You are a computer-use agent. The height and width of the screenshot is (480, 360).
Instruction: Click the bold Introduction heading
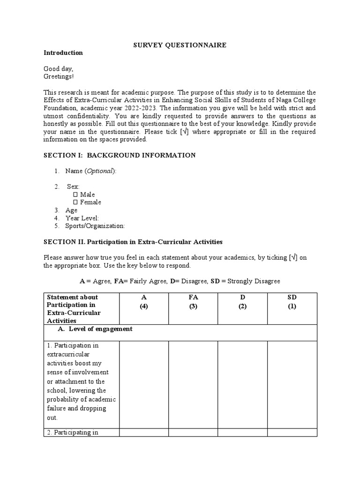pyautogui.click(x=63, y=53)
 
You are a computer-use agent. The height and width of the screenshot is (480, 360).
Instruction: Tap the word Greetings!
pyautogui.click(x=59, y=76)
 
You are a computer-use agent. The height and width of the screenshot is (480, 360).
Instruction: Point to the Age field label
pyautogui.click(x=71, y=210)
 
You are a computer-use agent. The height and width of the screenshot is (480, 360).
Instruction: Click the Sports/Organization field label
pyautogui.click(x=95, y=226)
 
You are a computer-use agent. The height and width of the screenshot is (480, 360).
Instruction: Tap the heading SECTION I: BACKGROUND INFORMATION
pyautogui.click(x=120, y=155)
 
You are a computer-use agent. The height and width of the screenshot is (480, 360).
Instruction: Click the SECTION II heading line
pyautogui.click(x=133, y=242)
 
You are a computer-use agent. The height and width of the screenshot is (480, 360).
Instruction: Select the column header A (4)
pyautogui.click(x=144, y=302)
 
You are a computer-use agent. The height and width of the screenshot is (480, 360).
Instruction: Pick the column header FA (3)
pyautogui.click(x=193, y=302)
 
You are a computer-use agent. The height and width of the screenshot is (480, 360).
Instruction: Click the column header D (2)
pyautogui.click(x=242, y=302)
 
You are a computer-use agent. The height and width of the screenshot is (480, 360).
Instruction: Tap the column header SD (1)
pyautogui.click(x=292, y=302)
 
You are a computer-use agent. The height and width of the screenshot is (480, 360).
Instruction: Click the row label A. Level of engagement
pyautogui.click(x=100, y=329)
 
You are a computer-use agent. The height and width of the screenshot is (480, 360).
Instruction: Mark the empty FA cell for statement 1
pyautogui.click(x=193, y=384)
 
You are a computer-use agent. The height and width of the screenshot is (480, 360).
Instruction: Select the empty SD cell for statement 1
pyautogui.click(x=292, y=384)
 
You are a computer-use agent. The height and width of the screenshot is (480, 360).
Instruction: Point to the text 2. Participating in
pyautogui.click(x=72, y=433)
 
